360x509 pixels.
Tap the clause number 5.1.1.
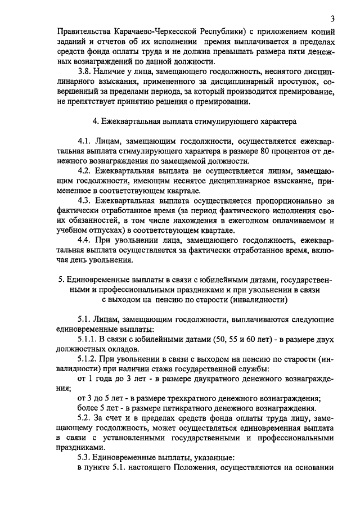88,339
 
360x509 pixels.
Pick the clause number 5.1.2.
88,360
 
